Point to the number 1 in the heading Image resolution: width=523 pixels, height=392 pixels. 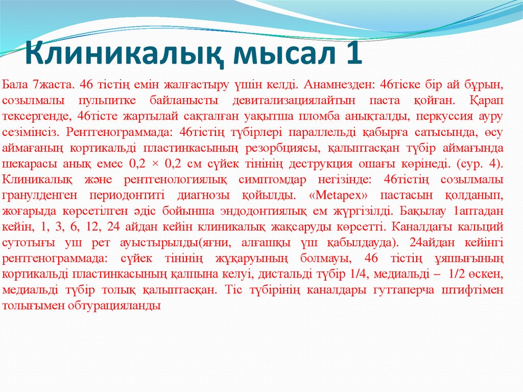tap(352, 54)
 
